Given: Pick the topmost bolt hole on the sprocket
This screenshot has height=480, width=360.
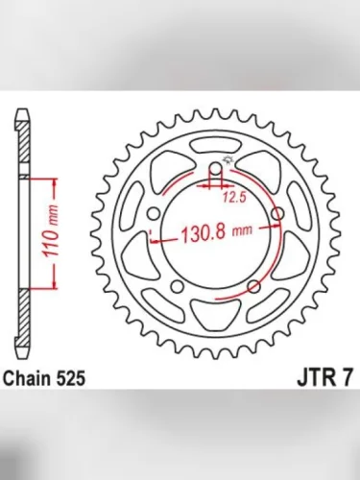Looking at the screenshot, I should [216, 170].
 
